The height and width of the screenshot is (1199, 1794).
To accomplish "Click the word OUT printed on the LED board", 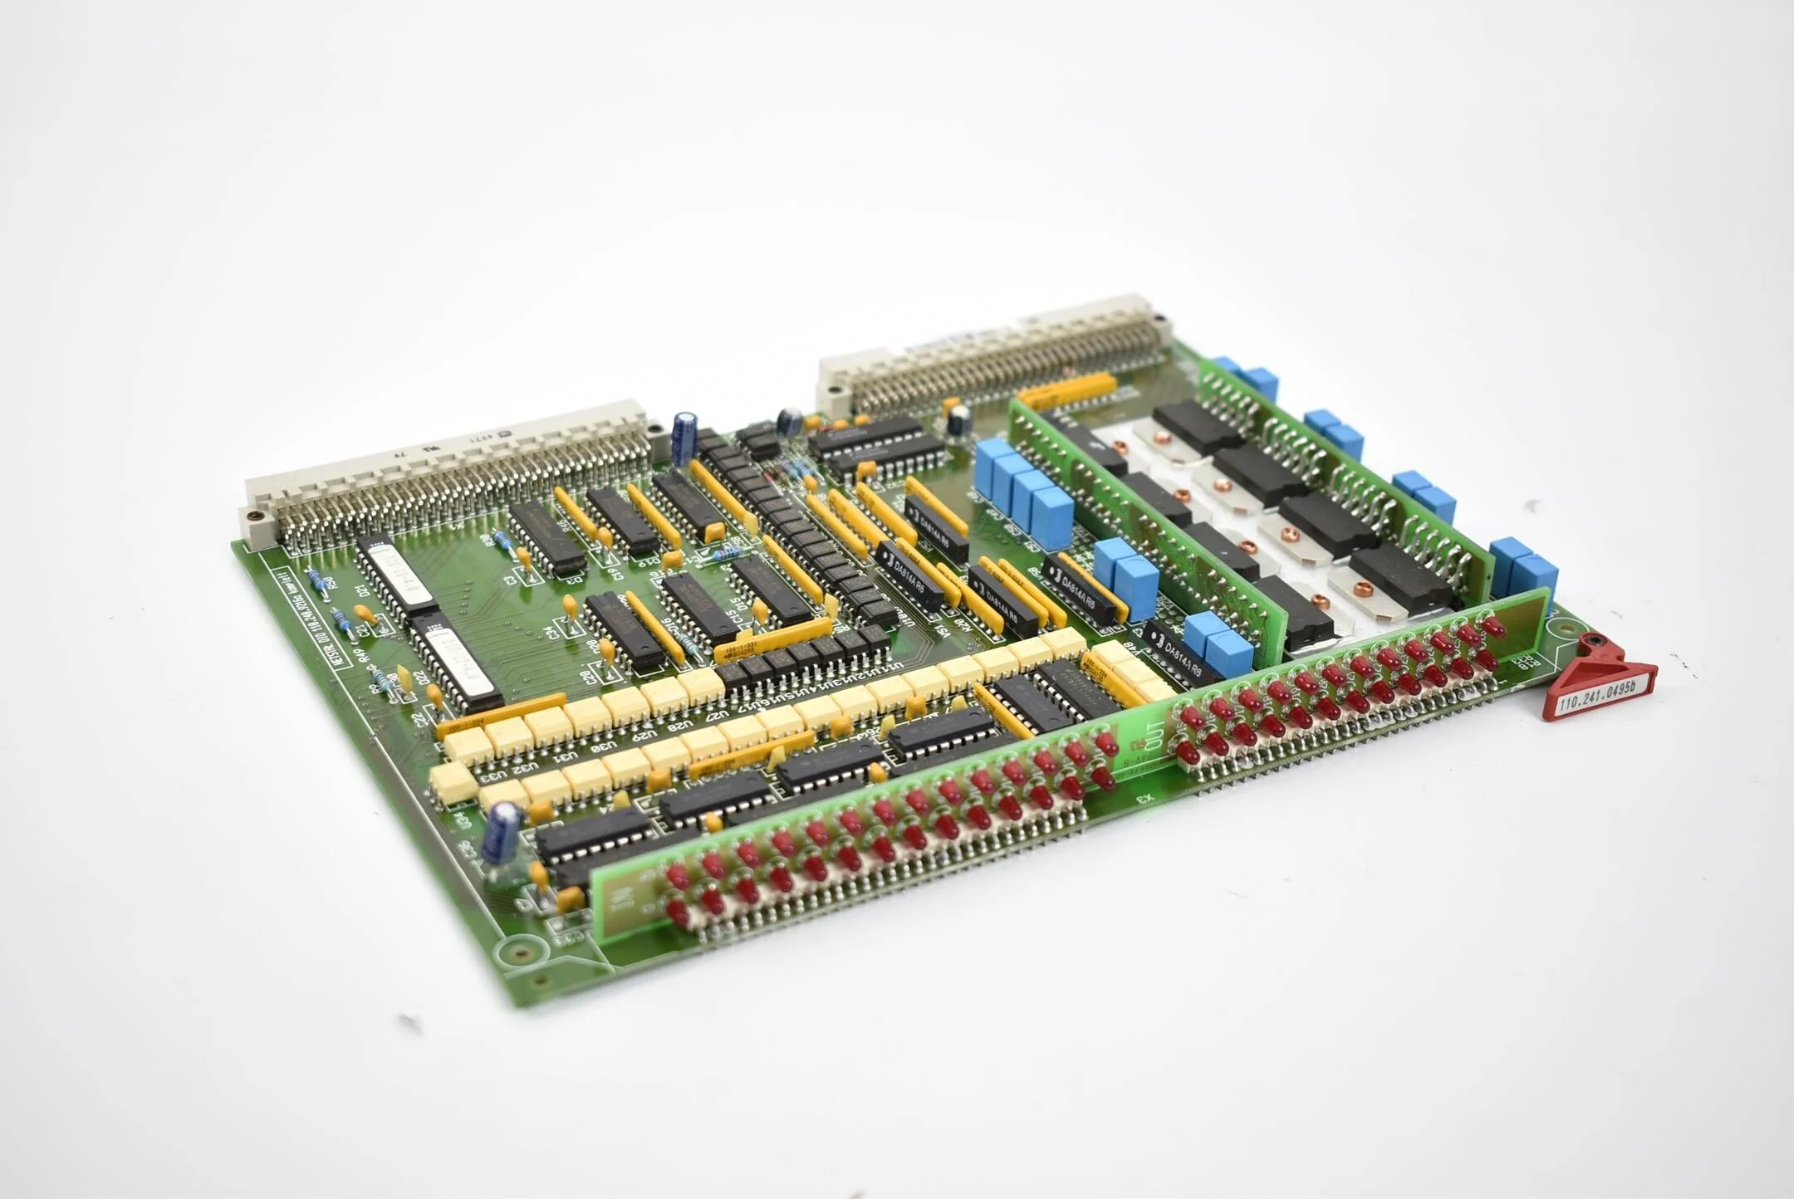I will click(x=1154, y=732).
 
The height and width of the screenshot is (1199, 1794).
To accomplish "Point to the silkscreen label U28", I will click(x=680, y=726).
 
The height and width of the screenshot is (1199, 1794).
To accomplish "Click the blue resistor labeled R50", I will click(x=318, y=579).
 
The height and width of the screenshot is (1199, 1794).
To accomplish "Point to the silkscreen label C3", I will click(x=510, y=580).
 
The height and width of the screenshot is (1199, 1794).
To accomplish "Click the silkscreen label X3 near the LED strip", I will click(x=1146, y=799).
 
